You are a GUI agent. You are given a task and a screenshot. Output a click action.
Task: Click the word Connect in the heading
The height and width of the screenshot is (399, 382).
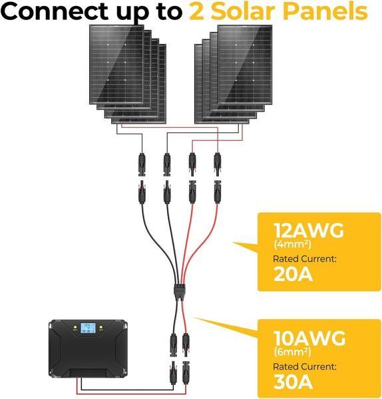pyautogui.click(x=55, y=12)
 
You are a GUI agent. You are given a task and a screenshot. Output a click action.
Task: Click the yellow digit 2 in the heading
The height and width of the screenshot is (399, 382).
pyautogui.click(x=197, y=12)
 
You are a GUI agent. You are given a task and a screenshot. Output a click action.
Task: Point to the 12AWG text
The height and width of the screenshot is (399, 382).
pyautogui.click(x=309, y=231)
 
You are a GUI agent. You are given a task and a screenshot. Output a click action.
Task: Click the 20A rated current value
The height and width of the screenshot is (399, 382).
pyautogui.click(x=293, y=274)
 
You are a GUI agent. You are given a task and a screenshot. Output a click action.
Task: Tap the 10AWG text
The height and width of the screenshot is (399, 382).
pyautogui.click(x=309, y=338)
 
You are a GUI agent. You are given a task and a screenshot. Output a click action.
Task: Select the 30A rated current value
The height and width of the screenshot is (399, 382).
pyautogui.click(x=293, y=382)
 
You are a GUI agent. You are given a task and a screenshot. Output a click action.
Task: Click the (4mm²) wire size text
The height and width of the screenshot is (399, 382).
pyautogui.click(x=292, y=244)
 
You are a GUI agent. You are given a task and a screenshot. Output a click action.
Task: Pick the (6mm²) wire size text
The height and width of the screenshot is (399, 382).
pyautogui.click(x=292, y=352)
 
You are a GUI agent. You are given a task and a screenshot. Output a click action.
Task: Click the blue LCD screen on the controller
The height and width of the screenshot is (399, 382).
pyautogui.click(x=88, y=328)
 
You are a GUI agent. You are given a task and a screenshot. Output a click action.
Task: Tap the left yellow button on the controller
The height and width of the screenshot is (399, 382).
pyautogui.click(x=75, y=327)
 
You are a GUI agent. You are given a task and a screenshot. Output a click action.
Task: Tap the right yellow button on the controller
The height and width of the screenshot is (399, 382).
pyautogui.click(x=101, y=327)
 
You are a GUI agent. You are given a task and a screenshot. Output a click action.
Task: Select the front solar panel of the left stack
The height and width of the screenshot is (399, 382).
pyautogui.click(x=116, y=65)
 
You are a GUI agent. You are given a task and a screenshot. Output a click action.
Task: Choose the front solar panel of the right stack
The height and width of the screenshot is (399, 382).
pyautogui.click(x=245, y=65)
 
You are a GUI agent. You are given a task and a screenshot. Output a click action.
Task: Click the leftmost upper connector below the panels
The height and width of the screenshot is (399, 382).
pyautogui.click(x=142, y=164)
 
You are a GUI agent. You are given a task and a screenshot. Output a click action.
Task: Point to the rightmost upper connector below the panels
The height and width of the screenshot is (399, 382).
pyautogui.click(x=217, y=164)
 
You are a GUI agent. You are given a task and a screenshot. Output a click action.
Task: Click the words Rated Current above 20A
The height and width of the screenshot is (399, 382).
pyautogui.click(x=305, y=259)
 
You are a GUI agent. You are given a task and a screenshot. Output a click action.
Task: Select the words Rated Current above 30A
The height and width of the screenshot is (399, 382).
pyautogui.click(x=305, y=366)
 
